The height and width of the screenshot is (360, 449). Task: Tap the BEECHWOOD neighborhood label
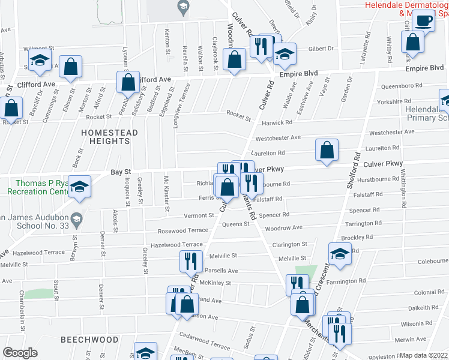pyautogui.click(x=89, y=340)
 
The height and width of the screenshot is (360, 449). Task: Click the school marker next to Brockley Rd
pyautogui.click(x=340, y=253)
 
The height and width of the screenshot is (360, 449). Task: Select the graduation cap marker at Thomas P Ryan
pyautogui.click(x=79, y=185)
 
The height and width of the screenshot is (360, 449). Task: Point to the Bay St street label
pyautogui.click(x=120, y=173)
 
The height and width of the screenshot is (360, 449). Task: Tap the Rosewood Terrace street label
pyautogui.click(x=183, y=230)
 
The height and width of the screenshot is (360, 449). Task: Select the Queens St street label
pyautogui.click(x=235, y=224)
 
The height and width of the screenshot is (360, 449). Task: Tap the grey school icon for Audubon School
pyautogui.click(x=76, y=222)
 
